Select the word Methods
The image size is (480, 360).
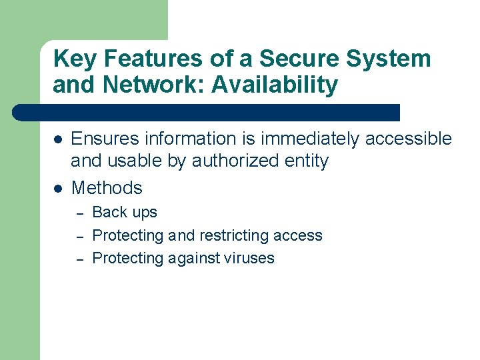pyautogui.click(x=107, y=188)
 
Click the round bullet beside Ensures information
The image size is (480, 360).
pyautogui.click(x=58, y=139)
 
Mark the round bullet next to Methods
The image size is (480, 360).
pyautogui.click(x=58, y=189)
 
